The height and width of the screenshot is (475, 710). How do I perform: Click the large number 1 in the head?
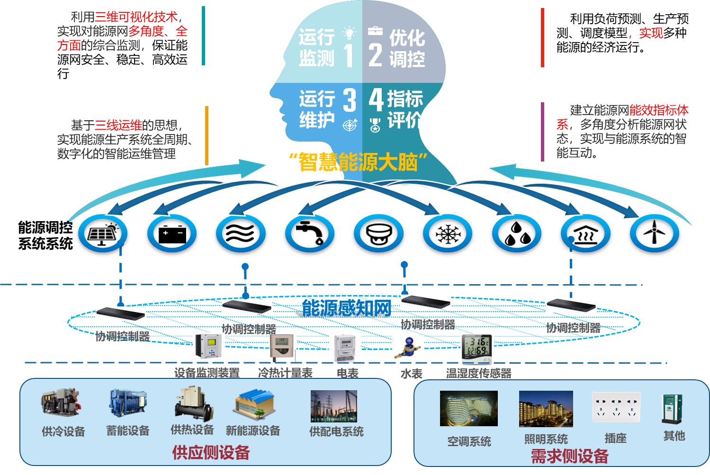[x=349, y=55]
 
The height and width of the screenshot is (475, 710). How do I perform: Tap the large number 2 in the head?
[x=375, y=55]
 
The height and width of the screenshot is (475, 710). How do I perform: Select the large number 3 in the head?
[x=350, y=100]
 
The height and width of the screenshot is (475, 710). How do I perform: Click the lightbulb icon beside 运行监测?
[x=350, y=33]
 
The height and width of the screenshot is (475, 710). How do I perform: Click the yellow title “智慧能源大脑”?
[x=358, y=162]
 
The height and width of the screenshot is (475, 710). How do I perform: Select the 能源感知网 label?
[x=347, y=308]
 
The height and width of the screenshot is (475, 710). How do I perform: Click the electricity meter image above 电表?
[x=345, y=348]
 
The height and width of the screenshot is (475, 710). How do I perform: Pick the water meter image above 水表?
[x=408, y=348]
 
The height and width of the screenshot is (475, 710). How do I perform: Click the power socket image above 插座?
[x=616, y=407]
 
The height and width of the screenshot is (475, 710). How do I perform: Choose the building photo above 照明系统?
[x=546, y=408]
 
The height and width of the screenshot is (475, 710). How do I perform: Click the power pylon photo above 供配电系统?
[x=333, y=406]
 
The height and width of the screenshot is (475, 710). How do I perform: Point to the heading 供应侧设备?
[x=211, y=453]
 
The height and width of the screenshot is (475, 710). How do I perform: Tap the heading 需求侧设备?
[x=569, y=456]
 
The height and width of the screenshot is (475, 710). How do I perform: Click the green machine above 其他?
[x=673, y=409]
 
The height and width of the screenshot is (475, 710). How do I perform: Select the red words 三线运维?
[x=118, y=125]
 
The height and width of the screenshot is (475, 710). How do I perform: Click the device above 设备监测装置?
[x=208, y=346]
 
